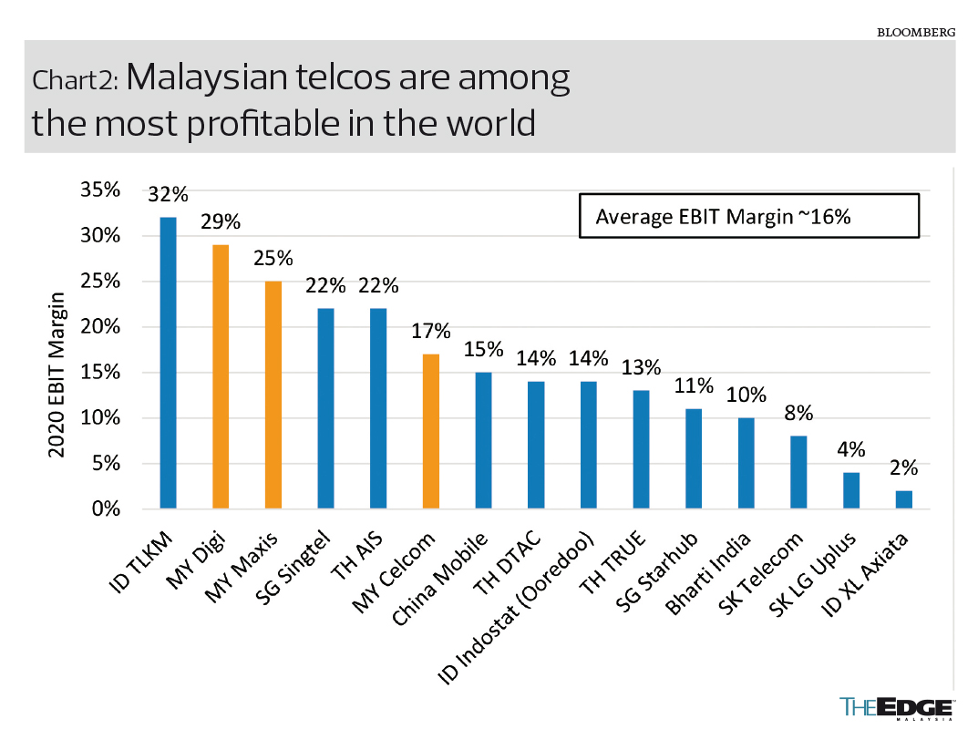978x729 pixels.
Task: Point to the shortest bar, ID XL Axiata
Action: pyautogui.click(x=904, y=499)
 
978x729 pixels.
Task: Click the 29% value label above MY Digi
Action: pyautogui.click(x=221, y=222)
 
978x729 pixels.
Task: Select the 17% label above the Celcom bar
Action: pyautogui.click(x=431, y=332)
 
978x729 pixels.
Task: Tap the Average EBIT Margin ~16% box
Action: pyautogui.click(x=749, y=216)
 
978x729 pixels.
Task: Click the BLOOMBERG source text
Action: pyautogui.click(x=916, y=32)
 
